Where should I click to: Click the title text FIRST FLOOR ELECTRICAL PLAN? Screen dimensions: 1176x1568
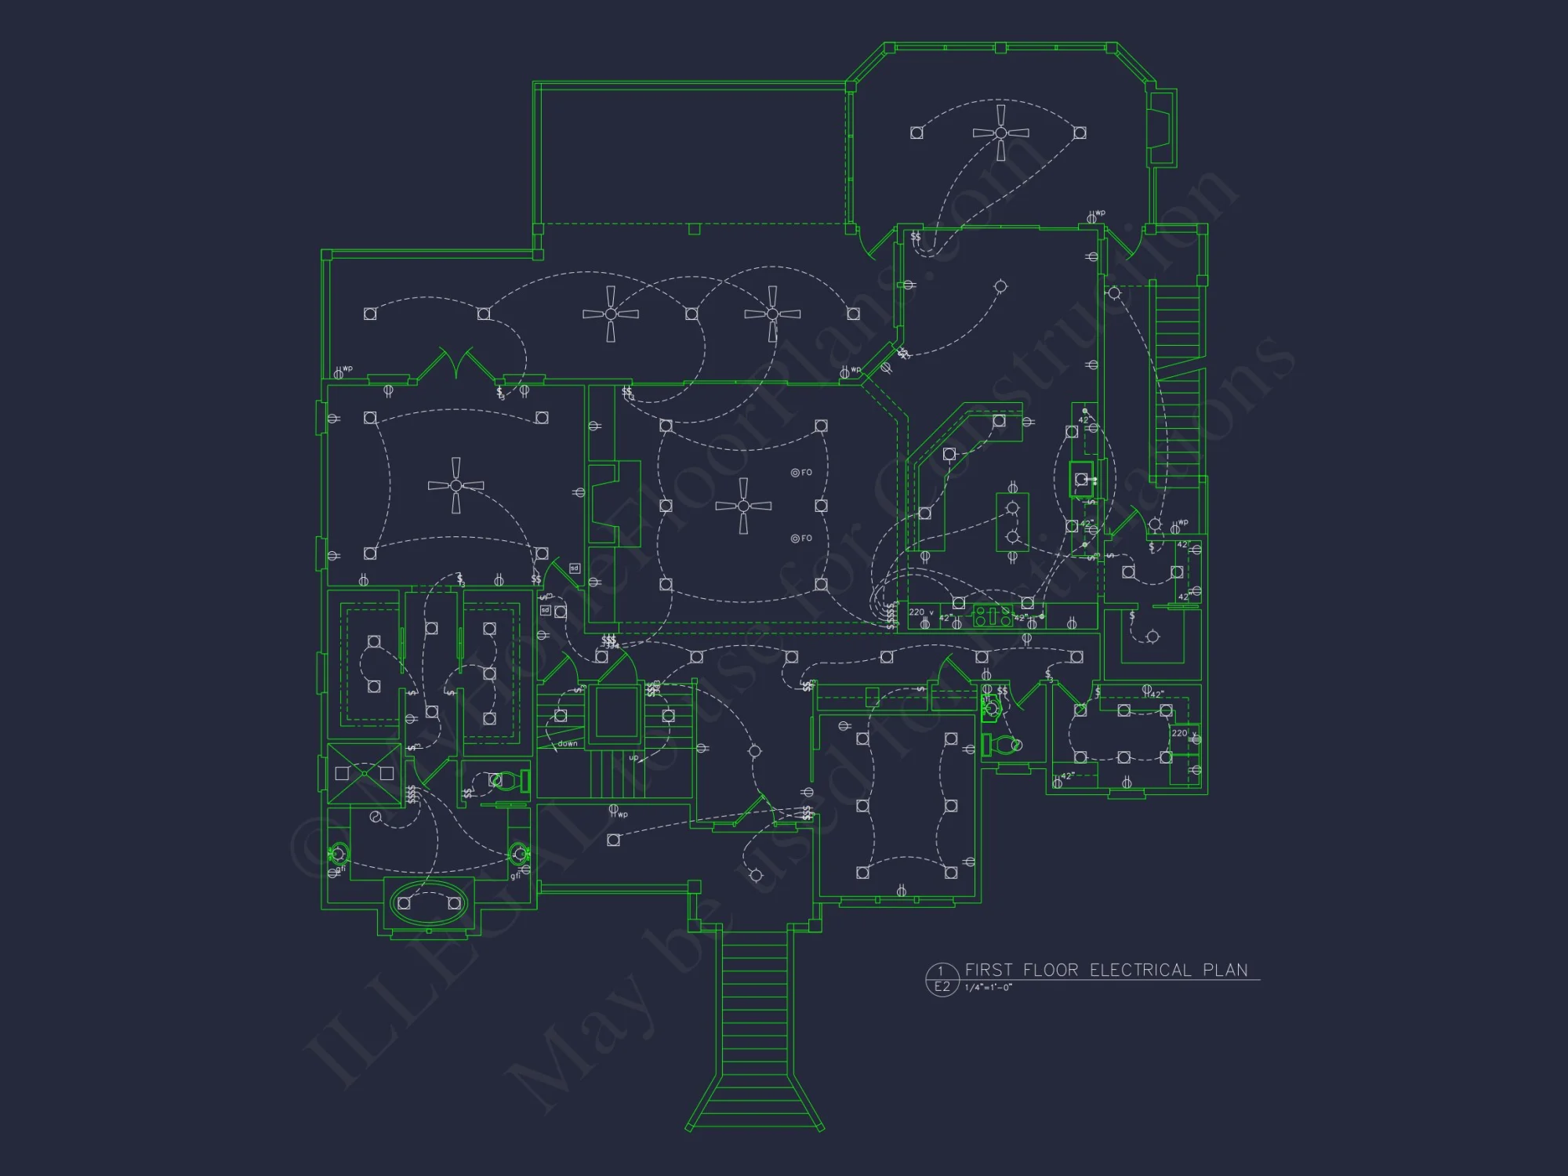coord(1105,970)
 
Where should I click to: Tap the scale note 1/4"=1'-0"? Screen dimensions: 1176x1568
coord(988,988)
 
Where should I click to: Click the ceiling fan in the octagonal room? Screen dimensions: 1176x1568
coord(1000,132)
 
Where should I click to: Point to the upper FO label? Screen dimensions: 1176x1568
coord(806,473)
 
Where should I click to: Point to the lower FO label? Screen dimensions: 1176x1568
coord(806,539)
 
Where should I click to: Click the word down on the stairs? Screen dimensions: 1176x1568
coord(568,743)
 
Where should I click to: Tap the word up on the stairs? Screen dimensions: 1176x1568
coord(633,757)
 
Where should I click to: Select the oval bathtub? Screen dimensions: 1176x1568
coord(428,903)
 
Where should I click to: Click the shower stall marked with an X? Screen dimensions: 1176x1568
coord(365,774)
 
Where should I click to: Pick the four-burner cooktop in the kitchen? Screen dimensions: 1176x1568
coord(993,616)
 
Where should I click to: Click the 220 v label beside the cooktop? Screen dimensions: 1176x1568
coord(920,612)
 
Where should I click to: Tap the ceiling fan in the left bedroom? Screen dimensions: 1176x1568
coord(456,486)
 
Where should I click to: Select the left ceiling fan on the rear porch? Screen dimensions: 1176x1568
coord(611,314)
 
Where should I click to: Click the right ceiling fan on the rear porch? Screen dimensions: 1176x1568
coord(772,314)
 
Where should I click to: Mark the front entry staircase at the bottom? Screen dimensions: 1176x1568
coord(754,1027)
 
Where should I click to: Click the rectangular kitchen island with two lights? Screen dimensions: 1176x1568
coord(1012,522)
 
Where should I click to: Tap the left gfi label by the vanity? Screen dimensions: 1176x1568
coord(340,869)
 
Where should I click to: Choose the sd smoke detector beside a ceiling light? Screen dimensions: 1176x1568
coord(546,610)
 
